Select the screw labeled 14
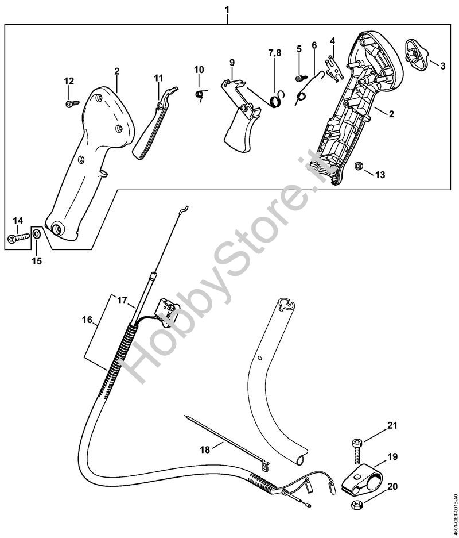(x=18, y=238)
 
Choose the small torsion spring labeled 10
(x=200, y=94)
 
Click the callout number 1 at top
(x=227, y=9)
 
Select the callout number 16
(x=88, y=320)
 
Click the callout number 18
(x=205, y=449)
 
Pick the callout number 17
(x=122, y=301)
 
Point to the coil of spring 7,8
(x=277, y=101)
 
